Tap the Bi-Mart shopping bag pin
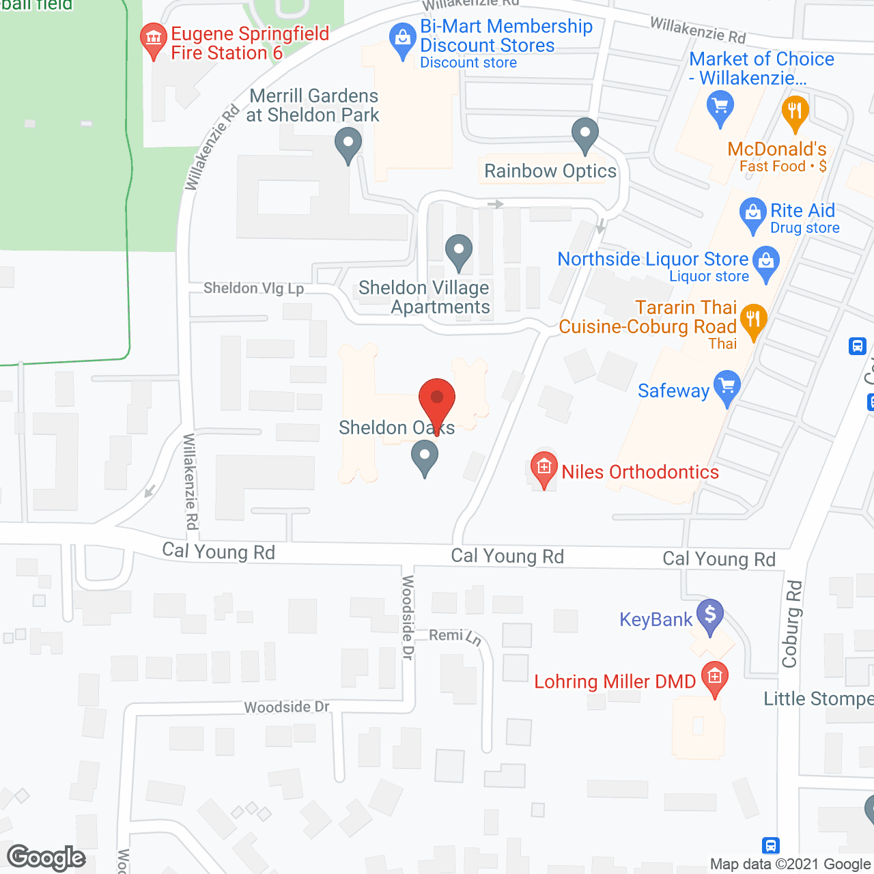[x=403, y=38]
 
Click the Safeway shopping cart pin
[x=727, y=386]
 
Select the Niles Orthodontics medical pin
[x=544, y=468]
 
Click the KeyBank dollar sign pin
[x=710, y=615]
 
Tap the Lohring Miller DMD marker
[x=715, y=677]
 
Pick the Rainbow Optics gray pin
[x=585, y=133]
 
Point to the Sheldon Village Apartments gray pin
[x=459, y=250]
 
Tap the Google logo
[x=46, y=858]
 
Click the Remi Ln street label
[x=455, y=636]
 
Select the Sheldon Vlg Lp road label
[x=253, y=288]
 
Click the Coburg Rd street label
[x=791, y=623]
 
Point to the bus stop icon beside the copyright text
[x=770, y=845]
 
